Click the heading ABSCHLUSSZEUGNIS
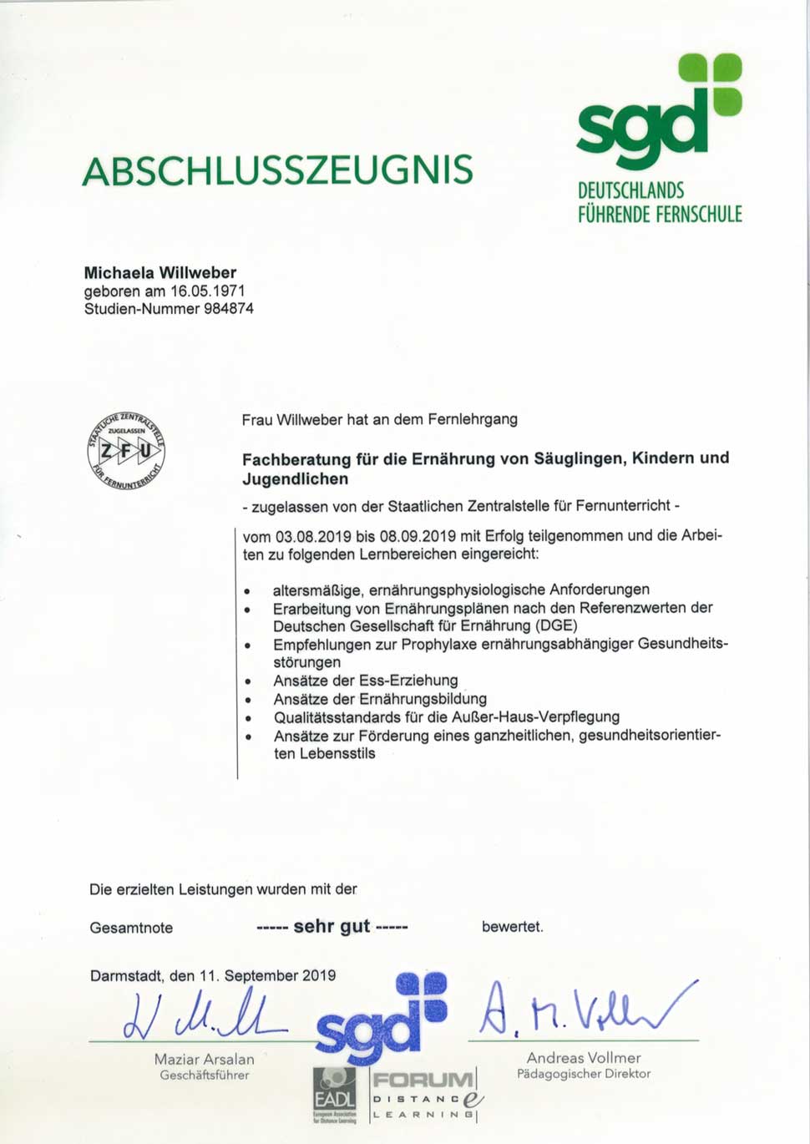[277, 170]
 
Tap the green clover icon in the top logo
[710, 84]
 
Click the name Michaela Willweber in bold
[160, 273]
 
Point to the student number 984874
[229, 309]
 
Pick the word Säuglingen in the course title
[583, 458]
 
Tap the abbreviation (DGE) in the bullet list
[555, 626]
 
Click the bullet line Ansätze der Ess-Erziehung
[366, 681]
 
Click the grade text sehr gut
[332, 926]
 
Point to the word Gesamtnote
[131, 928]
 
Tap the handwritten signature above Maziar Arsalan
[200, 1015]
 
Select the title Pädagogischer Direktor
[583, 1075]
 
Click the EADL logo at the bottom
[335, 1095]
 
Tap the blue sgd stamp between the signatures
[380, 1019]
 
